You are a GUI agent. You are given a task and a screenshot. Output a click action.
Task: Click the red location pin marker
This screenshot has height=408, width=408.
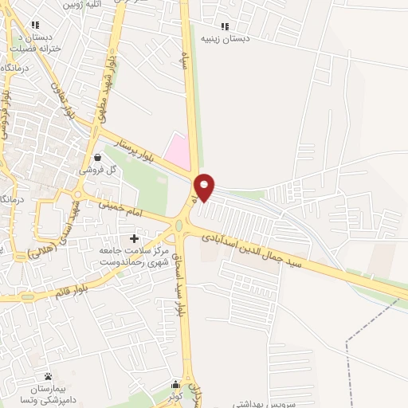point(206,187)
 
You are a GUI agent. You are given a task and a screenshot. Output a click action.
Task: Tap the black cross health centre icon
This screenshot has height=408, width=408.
point(134,238)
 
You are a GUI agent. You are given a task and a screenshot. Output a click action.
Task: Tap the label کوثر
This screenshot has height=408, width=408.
point(176,396)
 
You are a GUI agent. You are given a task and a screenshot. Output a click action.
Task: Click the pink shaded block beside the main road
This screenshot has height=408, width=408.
point(178,151)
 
